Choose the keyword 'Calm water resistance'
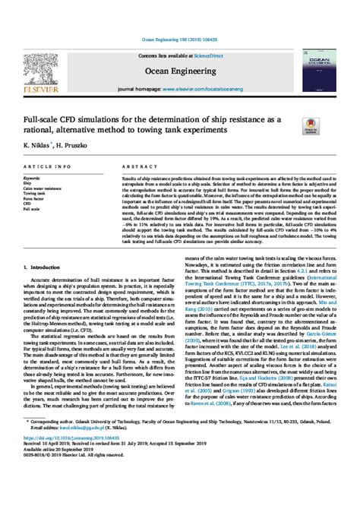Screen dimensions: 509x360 45,188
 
